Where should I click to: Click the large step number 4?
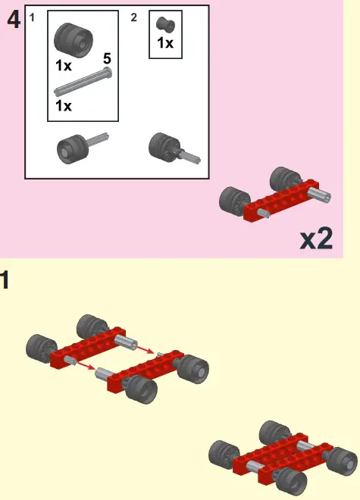coord(13,20)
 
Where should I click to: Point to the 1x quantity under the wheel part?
coord(64,66)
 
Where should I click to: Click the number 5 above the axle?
coord(107,58)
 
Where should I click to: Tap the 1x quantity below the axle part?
coord(64,106)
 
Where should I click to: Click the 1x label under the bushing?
coord(165,43)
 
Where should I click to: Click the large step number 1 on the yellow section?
coord(5,280)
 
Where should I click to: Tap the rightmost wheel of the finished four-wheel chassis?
coord(343,461)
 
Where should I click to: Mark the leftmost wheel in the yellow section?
coord(39,348)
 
